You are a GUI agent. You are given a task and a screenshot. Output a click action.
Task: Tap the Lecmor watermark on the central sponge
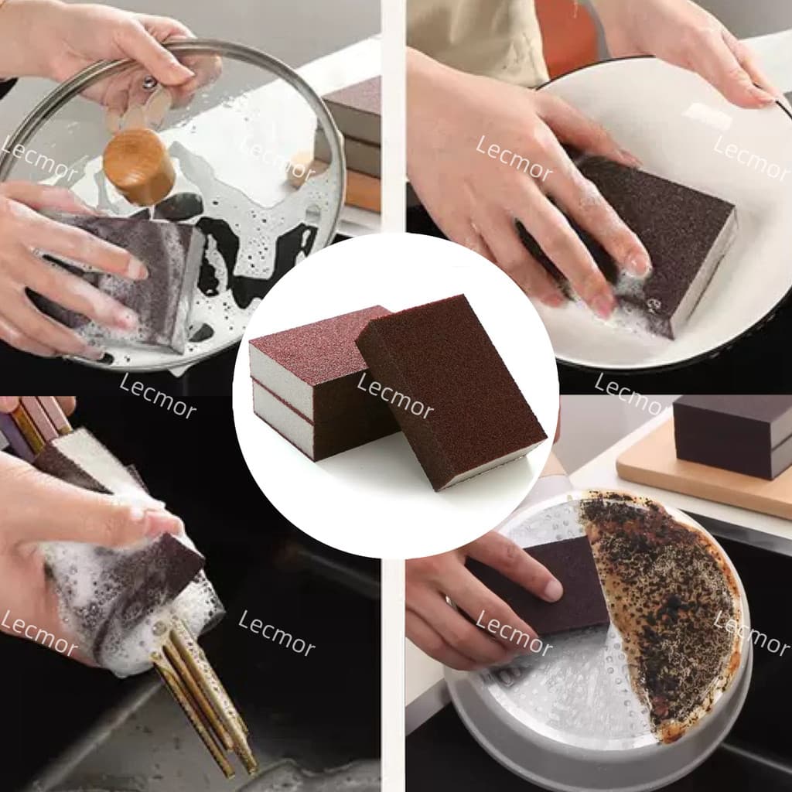[394, 395]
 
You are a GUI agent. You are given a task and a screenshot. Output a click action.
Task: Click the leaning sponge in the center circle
[451, 391]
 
